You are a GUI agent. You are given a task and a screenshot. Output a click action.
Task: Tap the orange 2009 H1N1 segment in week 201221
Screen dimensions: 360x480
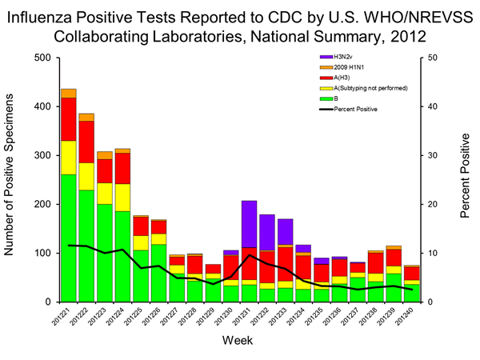(x=68, y=93)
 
